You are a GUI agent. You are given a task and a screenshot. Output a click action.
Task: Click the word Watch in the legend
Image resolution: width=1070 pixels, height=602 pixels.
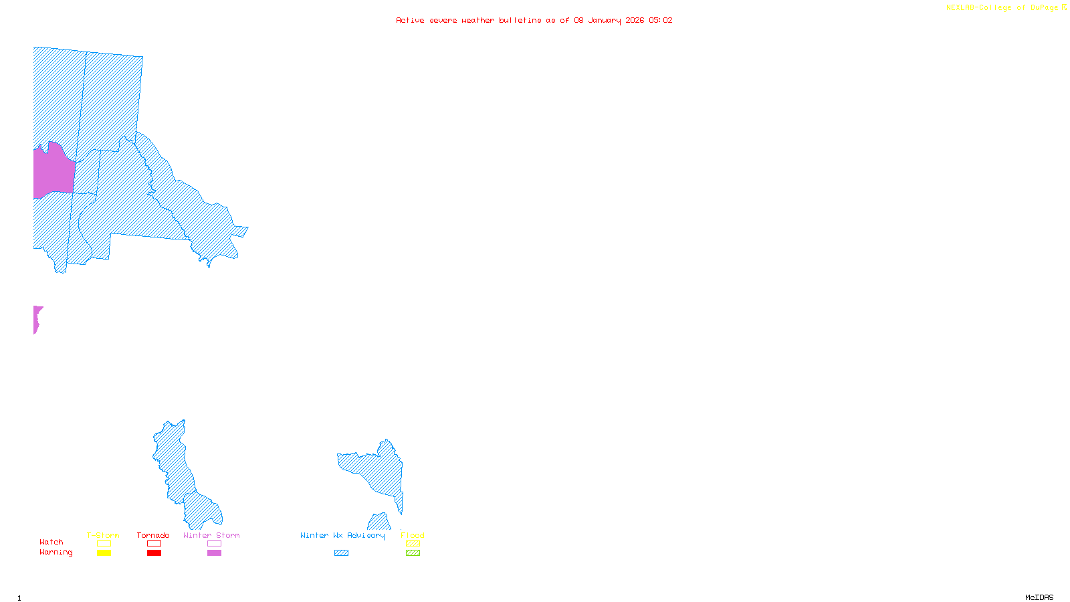coord(51,542)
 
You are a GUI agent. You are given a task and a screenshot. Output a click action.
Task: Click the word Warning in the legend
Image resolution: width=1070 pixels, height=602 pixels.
coord(56,553)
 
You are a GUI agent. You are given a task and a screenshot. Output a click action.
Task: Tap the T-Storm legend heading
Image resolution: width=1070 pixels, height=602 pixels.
coord(103,535)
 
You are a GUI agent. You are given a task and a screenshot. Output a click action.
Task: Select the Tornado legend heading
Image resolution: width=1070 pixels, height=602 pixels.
coord(153,535)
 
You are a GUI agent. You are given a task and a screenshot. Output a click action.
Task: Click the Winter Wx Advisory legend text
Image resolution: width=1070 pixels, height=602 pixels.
coord(342,535)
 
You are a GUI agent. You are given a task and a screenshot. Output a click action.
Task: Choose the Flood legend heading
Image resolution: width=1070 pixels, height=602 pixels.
coord(413,535)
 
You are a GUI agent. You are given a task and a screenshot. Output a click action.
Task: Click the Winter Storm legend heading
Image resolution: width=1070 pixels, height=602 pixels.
coord(211,535)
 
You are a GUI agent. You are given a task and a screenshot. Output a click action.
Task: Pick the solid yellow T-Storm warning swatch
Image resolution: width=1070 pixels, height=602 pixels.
coord(104,553)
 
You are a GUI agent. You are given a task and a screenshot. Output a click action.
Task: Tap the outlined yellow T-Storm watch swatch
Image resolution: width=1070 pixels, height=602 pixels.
coord(104,544)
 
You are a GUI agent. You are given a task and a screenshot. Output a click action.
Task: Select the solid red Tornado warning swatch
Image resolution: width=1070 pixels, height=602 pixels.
coord(154,553)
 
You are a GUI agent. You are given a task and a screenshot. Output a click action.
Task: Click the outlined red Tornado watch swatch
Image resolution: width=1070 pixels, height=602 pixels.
coord(154,544)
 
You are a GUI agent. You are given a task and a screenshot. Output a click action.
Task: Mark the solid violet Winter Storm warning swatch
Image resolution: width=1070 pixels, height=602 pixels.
coord(214,553)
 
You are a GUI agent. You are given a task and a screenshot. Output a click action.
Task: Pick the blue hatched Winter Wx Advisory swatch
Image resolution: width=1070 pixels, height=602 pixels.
coord(341,553)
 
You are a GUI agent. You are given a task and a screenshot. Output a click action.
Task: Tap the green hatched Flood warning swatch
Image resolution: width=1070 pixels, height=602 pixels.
coord(413,553)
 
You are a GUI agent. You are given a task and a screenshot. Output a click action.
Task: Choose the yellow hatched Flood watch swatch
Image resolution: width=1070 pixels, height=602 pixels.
coord(413,544)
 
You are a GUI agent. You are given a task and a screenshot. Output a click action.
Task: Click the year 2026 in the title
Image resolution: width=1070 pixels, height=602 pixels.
coord(635,20)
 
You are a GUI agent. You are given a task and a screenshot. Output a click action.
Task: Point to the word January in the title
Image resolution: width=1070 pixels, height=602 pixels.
coord(605,20)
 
